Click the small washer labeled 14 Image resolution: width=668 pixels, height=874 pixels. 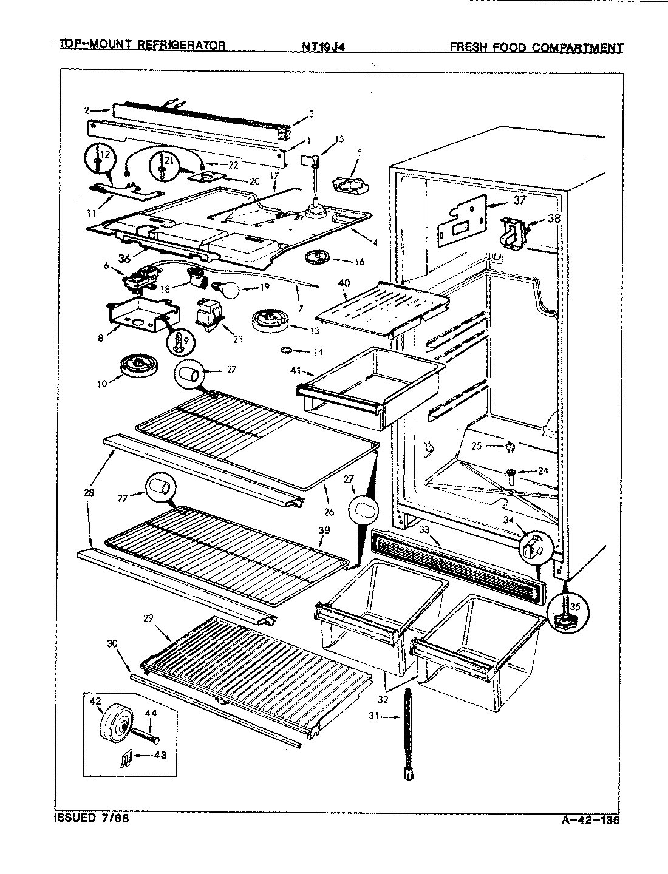[x=285, y=350]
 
